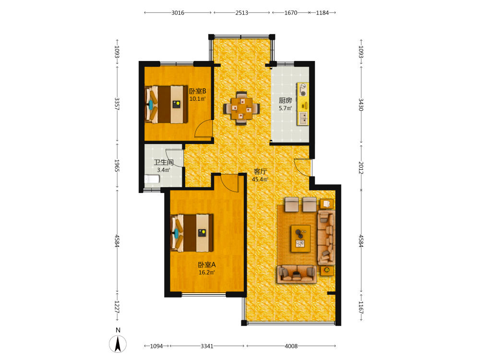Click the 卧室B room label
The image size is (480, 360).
point(197,91)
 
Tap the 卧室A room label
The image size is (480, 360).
point(206,265)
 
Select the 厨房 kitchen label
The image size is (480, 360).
point(285,100)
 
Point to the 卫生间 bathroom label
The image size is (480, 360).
point(164,162)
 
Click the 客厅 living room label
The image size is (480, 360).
point(260,172)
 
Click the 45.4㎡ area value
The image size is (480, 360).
point(260,180)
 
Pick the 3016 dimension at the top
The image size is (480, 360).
point(178,13)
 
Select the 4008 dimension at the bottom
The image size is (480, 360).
point(291,346)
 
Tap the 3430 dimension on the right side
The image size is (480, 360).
point(361,105)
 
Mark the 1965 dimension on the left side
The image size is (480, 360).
point(117,166)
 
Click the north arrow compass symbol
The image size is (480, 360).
point(118,344)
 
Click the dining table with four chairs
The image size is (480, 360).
point(241,108)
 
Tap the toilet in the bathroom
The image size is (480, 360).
point(152,179)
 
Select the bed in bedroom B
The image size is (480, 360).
point(166,104)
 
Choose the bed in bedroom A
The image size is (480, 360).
point(192,233)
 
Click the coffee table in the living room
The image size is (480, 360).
point(300,239)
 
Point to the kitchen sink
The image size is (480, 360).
point(303,118)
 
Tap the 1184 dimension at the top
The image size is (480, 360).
point(323,13)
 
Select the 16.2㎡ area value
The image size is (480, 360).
point(206,273)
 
